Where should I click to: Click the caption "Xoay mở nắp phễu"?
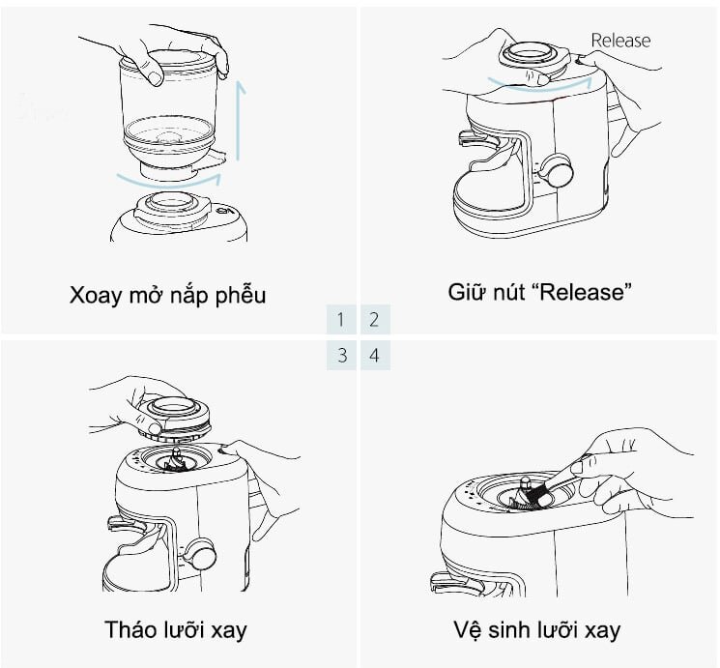coord(167,294)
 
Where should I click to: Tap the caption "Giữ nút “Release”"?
coord(540,292)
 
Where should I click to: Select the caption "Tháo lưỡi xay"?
coord(175,630)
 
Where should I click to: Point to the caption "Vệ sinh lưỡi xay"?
coord(536,630)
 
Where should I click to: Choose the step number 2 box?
coord(375,319)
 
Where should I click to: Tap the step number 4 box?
coord(375,355)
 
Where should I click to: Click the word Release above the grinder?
coord(619,41)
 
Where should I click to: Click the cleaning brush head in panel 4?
coord(534,496)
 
